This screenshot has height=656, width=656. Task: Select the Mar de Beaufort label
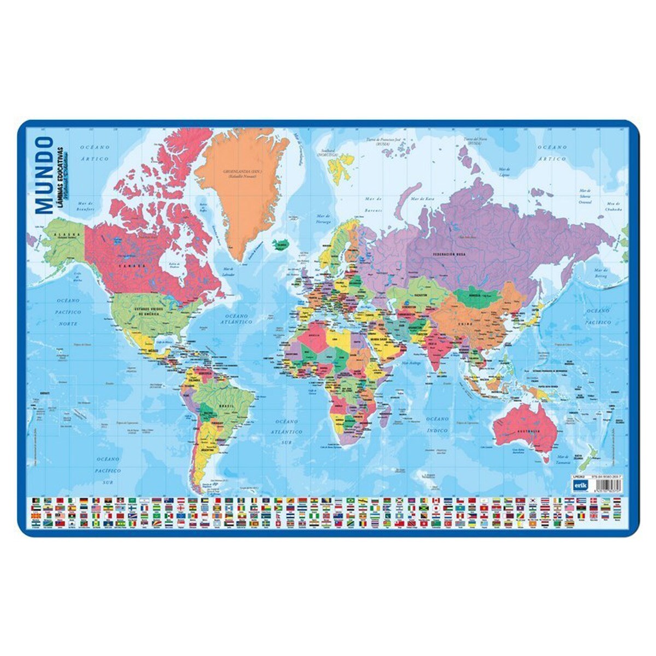(x=86, y=206)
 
